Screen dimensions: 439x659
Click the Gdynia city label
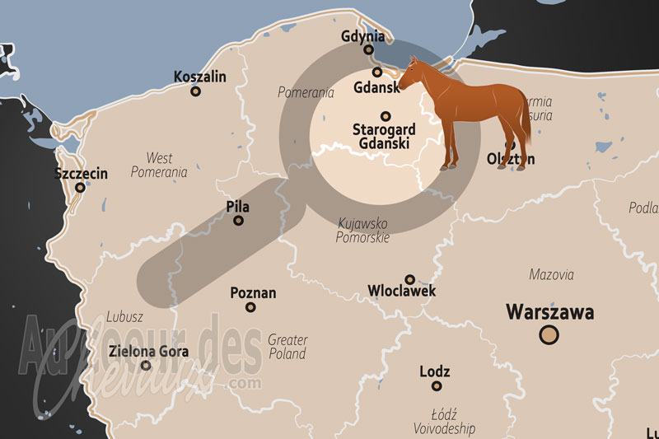click(x=363, y=36)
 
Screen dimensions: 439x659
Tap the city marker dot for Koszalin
click(x=195, y=91)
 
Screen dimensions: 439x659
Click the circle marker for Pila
click(x=239, y=221)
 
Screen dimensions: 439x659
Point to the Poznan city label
click(x=253, y=293)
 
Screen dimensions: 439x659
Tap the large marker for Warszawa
click(x=549, y=334)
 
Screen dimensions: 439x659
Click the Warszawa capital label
click(x=549, y=312)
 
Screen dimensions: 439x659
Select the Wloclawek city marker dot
click(x=409, y=279)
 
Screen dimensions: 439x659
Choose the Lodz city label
click(x=435, y=371)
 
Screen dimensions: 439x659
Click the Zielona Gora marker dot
click(x=146, y=366)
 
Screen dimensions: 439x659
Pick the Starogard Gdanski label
click(x=384, y=137)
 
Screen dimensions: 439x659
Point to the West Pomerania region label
click(x=159, y=165)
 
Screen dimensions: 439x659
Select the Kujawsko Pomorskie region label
click(x=362, y=230)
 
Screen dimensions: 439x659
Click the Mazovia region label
click(x=551, y=274)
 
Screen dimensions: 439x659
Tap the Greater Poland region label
click(x=287, y=347)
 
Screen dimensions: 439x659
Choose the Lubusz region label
click(x=124, y=316)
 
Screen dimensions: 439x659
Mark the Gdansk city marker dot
click(x=377, y=72)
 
